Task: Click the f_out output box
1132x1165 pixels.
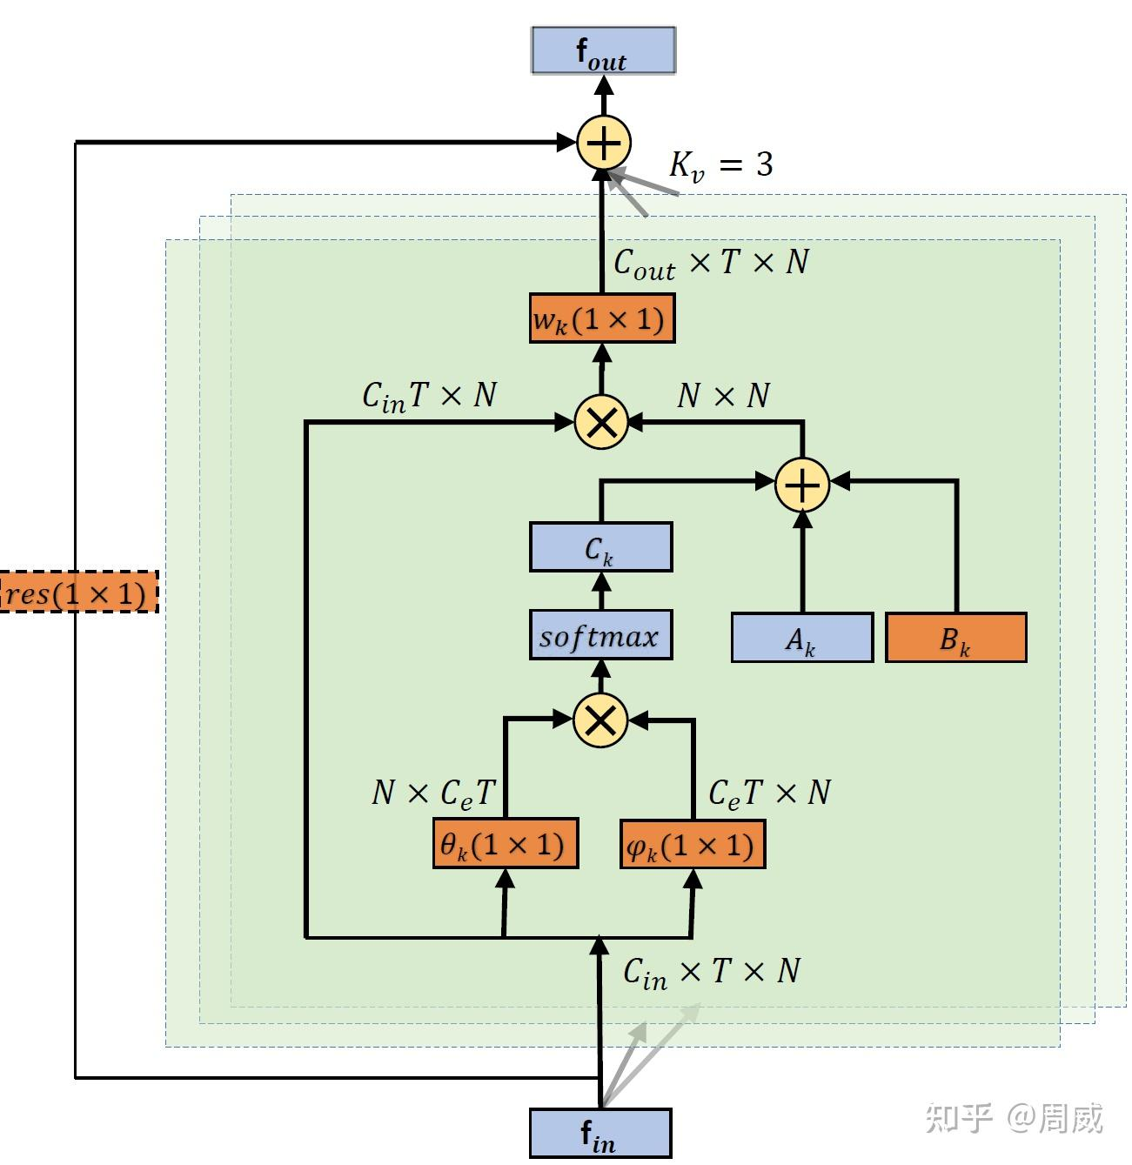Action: point(603,50)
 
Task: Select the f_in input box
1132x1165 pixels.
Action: point(600,1133)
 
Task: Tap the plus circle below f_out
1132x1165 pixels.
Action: point(604,143)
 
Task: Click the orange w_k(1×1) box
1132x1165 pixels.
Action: point(602,319)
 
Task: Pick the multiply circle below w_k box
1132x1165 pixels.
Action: point(601,423)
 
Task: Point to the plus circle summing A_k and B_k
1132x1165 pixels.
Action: point(802,484)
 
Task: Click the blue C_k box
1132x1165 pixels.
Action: point(600,547)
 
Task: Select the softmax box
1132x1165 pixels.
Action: point(600,636)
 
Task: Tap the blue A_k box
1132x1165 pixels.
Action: point(801,639)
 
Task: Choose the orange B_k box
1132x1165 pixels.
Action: point(955,639)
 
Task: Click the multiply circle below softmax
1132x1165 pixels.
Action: point(600,720)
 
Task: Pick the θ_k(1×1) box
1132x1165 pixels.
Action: point(505,844)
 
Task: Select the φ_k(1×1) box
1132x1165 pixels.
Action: point(693,844)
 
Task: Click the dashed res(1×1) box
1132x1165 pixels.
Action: point(78,593)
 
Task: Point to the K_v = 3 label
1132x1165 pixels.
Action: point(720,164)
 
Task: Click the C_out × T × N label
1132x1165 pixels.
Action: point(711,262)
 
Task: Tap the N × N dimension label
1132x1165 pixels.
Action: point(724,396)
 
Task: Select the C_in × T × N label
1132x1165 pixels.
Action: point(712,971)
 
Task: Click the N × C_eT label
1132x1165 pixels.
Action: point(432,793)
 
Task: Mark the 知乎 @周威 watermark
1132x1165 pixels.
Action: point(1014,1118)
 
